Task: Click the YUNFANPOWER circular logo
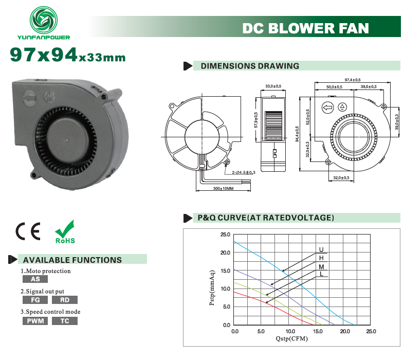coord(44,20)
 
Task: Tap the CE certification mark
coord(28,231)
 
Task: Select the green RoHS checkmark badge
coord(65,231)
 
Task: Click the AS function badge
coord(35,279)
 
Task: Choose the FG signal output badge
coord(35,300)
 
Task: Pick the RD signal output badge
coord(65,300)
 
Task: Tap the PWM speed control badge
coord(35,321)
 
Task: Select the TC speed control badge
coord(65,321)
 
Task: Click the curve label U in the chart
coord(321,249)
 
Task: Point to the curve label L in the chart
coord(321,274)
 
